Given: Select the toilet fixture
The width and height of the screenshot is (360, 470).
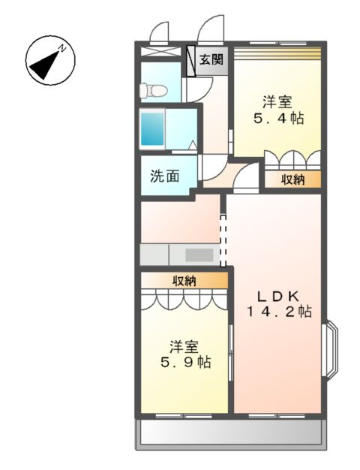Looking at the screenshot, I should [x=153, y=89].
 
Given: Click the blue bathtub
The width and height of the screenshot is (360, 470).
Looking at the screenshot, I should [x=151, y=128].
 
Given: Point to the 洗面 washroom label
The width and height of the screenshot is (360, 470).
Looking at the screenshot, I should [x=165, y=176].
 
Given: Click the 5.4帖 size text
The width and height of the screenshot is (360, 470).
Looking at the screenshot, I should [x=277, y=119].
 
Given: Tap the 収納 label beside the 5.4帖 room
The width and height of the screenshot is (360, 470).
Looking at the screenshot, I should [x=292, y=179].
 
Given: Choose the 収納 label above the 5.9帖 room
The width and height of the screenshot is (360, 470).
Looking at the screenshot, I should [x=184, y=282].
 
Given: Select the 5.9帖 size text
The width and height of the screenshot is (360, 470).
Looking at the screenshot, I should [x=184, y=363].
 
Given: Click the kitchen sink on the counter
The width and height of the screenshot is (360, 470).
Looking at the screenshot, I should [x=199, y=254].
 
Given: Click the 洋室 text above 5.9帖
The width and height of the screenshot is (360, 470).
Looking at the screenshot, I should [x=183, y=346].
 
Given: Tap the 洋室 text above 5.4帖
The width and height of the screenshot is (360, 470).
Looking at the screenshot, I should [x=277, y=101].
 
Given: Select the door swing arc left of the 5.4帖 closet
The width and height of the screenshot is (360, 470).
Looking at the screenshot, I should [x=244, y=179].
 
